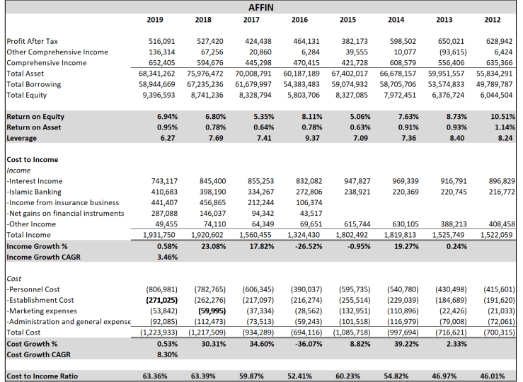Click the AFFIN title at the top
coord(261,8)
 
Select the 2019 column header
coord(155,20)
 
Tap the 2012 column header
coord(493,20)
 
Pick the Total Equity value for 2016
coord(305,95)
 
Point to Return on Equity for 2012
coord(502,116)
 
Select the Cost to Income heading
coord(32,160)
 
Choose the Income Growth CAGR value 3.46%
coord(166,257)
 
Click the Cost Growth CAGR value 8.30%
coord(166,354)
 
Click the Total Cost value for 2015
coord(351,331)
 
